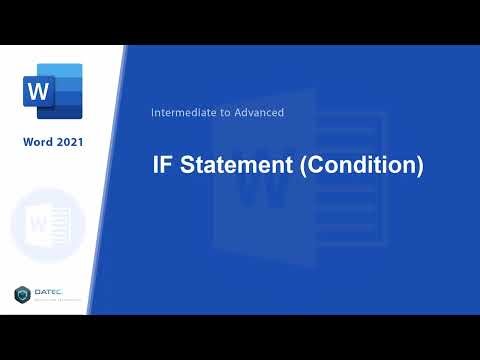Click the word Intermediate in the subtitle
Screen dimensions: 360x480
pyautogui.click(x=182, y=113)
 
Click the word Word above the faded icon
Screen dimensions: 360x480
pyautogui.click(x=38, y=142)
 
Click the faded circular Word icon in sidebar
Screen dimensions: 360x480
pyautogui.click(x=48, y=223)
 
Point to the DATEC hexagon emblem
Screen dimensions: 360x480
pyautogui.click(x=23, y=294)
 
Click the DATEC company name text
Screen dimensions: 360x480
pyautogui.click(x=50, y=292)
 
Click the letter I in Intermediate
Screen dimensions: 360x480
pyautogui.click(x=152, y=113)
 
